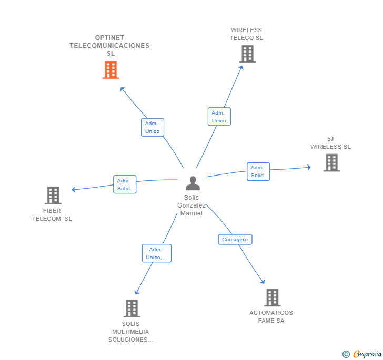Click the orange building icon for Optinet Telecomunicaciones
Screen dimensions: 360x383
click(110, 70)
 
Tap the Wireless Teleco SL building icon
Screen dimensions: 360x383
click(247, 54)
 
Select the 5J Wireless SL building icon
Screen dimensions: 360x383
click(331, 162)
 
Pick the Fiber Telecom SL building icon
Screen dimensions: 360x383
click(53, 196)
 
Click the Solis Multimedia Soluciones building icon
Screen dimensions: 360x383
click(132, 308)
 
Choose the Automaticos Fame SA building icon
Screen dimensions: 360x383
click(272, 297)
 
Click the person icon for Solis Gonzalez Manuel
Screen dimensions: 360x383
click(193, 183)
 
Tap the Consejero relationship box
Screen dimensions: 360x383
click(235, 240)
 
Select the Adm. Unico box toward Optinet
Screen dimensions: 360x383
click(153, 127)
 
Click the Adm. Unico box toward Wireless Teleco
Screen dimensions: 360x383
click(219, 117)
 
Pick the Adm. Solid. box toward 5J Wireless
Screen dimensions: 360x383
click(258, 171)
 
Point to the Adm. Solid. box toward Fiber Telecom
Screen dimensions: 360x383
click(125, 184)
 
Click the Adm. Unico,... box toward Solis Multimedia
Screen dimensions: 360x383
click(157, 253)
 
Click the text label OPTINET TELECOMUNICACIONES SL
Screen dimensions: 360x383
click(109, 46)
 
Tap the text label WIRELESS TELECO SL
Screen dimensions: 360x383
click(246, 34)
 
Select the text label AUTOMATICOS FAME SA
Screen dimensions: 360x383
click(271, 317)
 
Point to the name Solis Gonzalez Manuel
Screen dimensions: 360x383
click(191, 205)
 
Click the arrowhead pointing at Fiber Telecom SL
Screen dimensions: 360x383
click(74, 190)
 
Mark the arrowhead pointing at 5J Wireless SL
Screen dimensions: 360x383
click(308, 167)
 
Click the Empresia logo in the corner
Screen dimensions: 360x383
click(362, 354)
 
